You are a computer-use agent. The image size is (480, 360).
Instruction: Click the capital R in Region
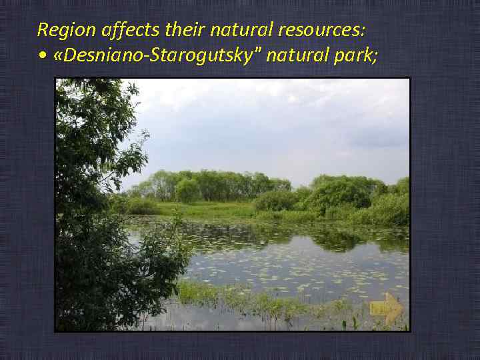(42, 30)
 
